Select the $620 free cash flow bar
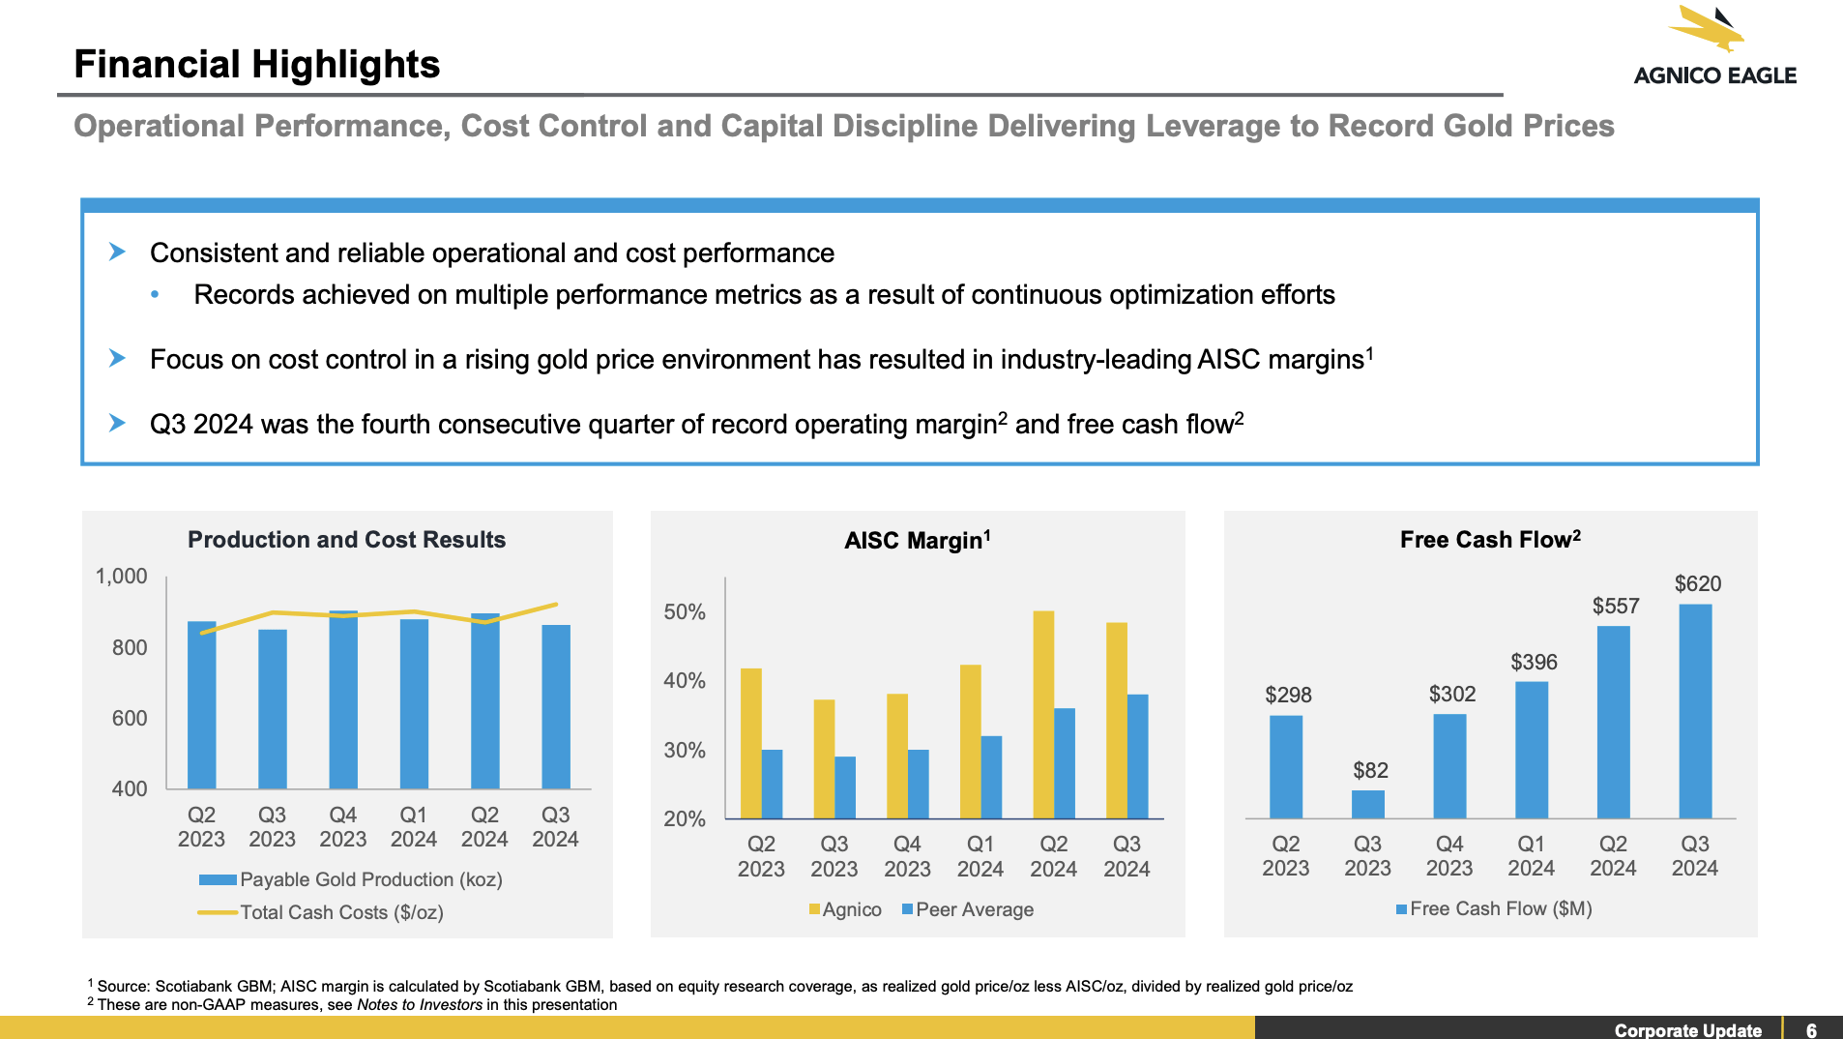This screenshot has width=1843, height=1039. click(x=1695, y=711)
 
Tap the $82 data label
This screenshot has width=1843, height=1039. click(x=1370, y=770)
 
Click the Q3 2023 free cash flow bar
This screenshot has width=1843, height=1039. click(x=1367, y=804)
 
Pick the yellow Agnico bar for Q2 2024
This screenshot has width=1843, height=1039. click(x=1043, y=714)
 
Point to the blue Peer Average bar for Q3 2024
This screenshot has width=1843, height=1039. click(x=1137, y=756)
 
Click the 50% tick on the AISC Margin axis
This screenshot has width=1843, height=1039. click(x=685, y=612)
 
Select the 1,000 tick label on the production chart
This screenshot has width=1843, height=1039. click(x=121, y=577)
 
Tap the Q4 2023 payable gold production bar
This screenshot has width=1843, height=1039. click(x=343, y=699)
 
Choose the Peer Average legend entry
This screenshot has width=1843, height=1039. click(x=968, y=909)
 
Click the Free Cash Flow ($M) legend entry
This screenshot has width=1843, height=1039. click(x=1494, y=908)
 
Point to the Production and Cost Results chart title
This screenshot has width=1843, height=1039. click(x=346, y=540)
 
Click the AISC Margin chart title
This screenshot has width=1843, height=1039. click(x=917, y=540)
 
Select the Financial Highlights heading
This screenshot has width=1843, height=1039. click(x=257, y=65)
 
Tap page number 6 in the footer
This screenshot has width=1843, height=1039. click(x=1811, y=1030)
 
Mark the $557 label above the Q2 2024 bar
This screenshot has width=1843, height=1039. click(x=1616, y=607)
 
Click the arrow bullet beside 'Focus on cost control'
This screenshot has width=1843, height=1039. click(x=117, y=359)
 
